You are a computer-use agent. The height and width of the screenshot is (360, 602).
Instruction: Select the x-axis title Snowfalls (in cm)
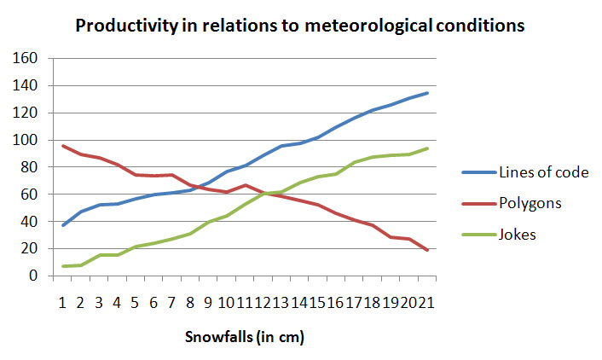(245, 337)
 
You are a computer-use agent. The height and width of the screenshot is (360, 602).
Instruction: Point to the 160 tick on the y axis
(26, 59)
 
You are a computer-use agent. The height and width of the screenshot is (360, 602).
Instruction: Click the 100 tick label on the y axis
(26, 140)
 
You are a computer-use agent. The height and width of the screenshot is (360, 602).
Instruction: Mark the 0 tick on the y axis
(34, 276)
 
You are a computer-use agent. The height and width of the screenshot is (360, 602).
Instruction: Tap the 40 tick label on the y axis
(30, 222)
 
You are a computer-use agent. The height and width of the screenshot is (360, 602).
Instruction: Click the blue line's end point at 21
(427, 93)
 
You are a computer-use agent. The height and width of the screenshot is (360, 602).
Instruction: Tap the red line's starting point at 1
(63, 146)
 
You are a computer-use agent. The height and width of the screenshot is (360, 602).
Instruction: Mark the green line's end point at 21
(427, 148)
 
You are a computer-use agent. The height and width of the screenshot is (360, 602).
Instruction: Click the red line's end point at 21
(427, 250)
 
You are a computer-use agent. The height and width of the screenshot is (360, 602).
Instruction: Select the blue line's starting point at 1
(63, 225)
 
